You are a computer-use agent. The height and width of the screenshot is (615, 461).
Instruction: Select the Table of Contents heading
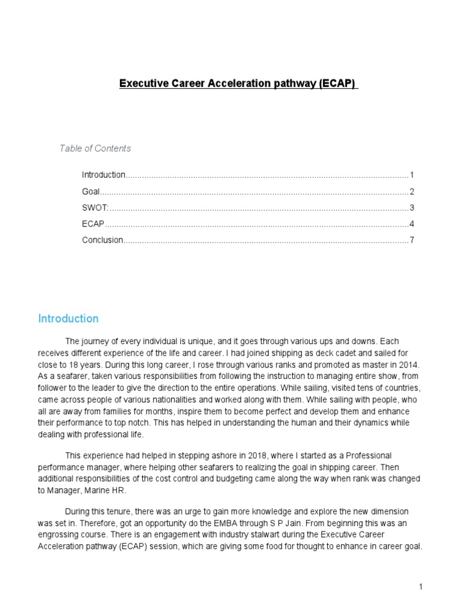95,148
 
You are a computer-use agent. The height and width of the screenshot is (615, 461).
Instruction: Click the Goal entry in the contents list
91,192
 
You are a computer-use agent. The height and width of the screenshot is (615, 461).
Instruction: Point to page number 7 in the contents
412,240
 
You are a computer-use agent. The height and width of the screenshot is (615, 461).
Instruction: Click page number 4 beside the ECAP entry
412,224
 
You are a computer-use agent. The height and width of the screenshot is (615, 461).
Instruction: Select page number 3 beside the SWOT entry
412,208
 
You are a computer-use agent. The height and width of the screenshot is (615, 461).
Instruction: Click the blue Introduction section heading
68,318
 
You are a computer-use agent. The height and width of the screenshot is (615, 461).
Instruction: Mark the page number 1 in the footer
421,587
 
